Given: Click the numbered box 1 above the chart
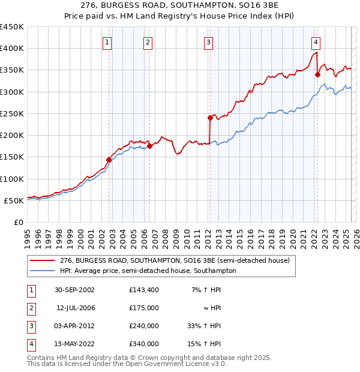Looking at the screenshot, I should (x=107, y=42).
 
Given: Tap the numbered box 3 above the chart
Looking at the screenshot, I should (x=208, y=42).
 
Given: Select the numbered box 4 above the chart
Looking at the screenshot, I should (x=315, y=42).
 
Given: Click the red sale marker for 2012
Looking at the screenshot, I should (x=210, y=118).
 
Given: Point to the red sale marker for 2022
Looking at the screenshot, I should (x=317, y=75).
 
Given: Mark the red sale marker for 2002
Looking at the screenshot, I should (x=109, y=160).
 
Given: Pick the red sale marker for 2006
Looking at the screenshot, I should (x=149, y=146).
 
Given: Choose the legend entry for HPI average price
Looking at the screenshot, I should (x=148, y=271).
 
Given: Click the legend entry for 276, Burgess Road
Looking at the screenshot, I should (x=175, y=260).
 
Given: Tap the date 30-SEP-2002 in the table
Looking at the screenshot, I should (x=74, y=290).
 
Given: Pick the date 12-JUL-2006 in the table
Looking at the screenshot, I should (x=76, y=308).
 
